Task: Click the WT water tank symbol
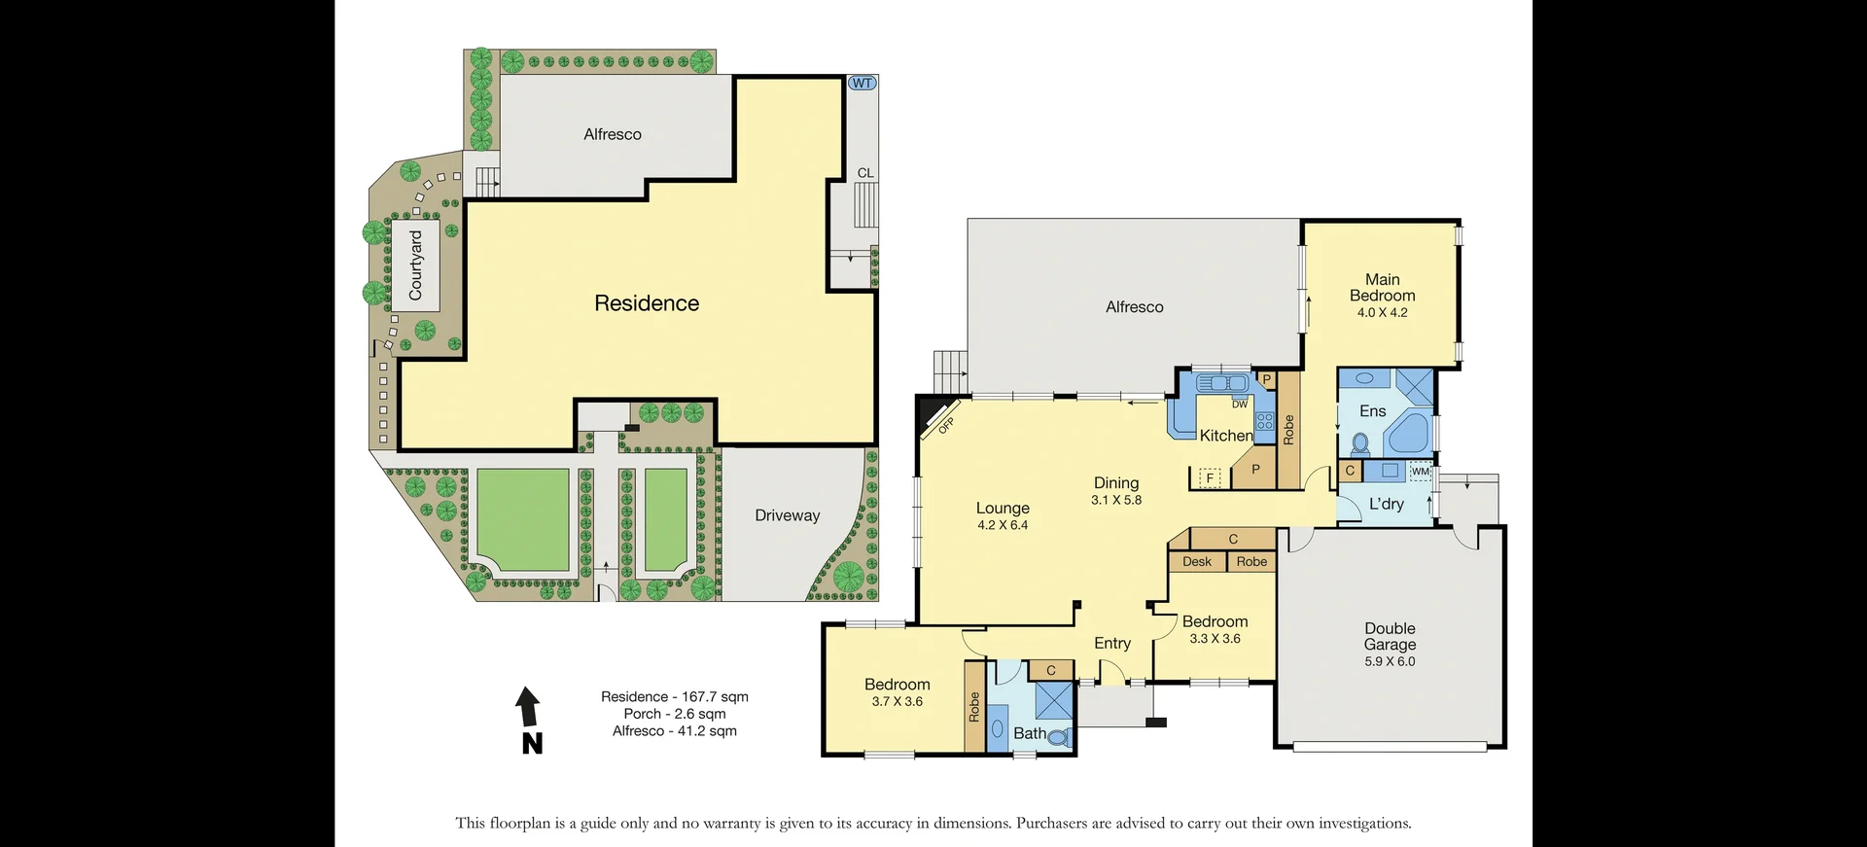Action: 862,84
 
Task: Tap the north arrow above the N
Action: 528,706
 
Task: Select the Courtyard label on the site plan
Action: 416,265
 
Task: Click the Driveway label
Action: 787,515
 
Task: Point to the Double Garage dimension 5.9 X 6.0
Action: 1390,661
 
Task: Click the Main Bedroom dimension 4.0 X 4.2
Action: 1382,312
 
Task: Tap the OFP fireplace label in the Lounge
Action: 945,425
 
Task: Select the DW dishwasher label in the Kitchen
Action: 1240,404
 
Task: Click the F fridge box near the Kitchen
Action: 1210,477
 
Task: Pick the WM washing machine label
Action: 1420,472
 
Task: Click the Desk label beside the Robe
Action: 1197,561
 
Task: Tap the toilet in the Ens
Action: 1360,445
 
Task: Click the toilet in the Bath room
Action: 1058,737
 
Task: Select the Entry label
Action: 1111,643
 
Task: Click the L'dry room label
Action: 1386,504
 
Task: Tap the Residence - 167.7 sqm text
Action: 674,696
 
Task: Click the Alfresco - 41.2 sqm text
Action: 674,731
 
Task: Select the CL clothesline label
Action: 864,173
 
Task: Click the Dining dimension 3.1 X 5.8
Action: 1115,500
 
